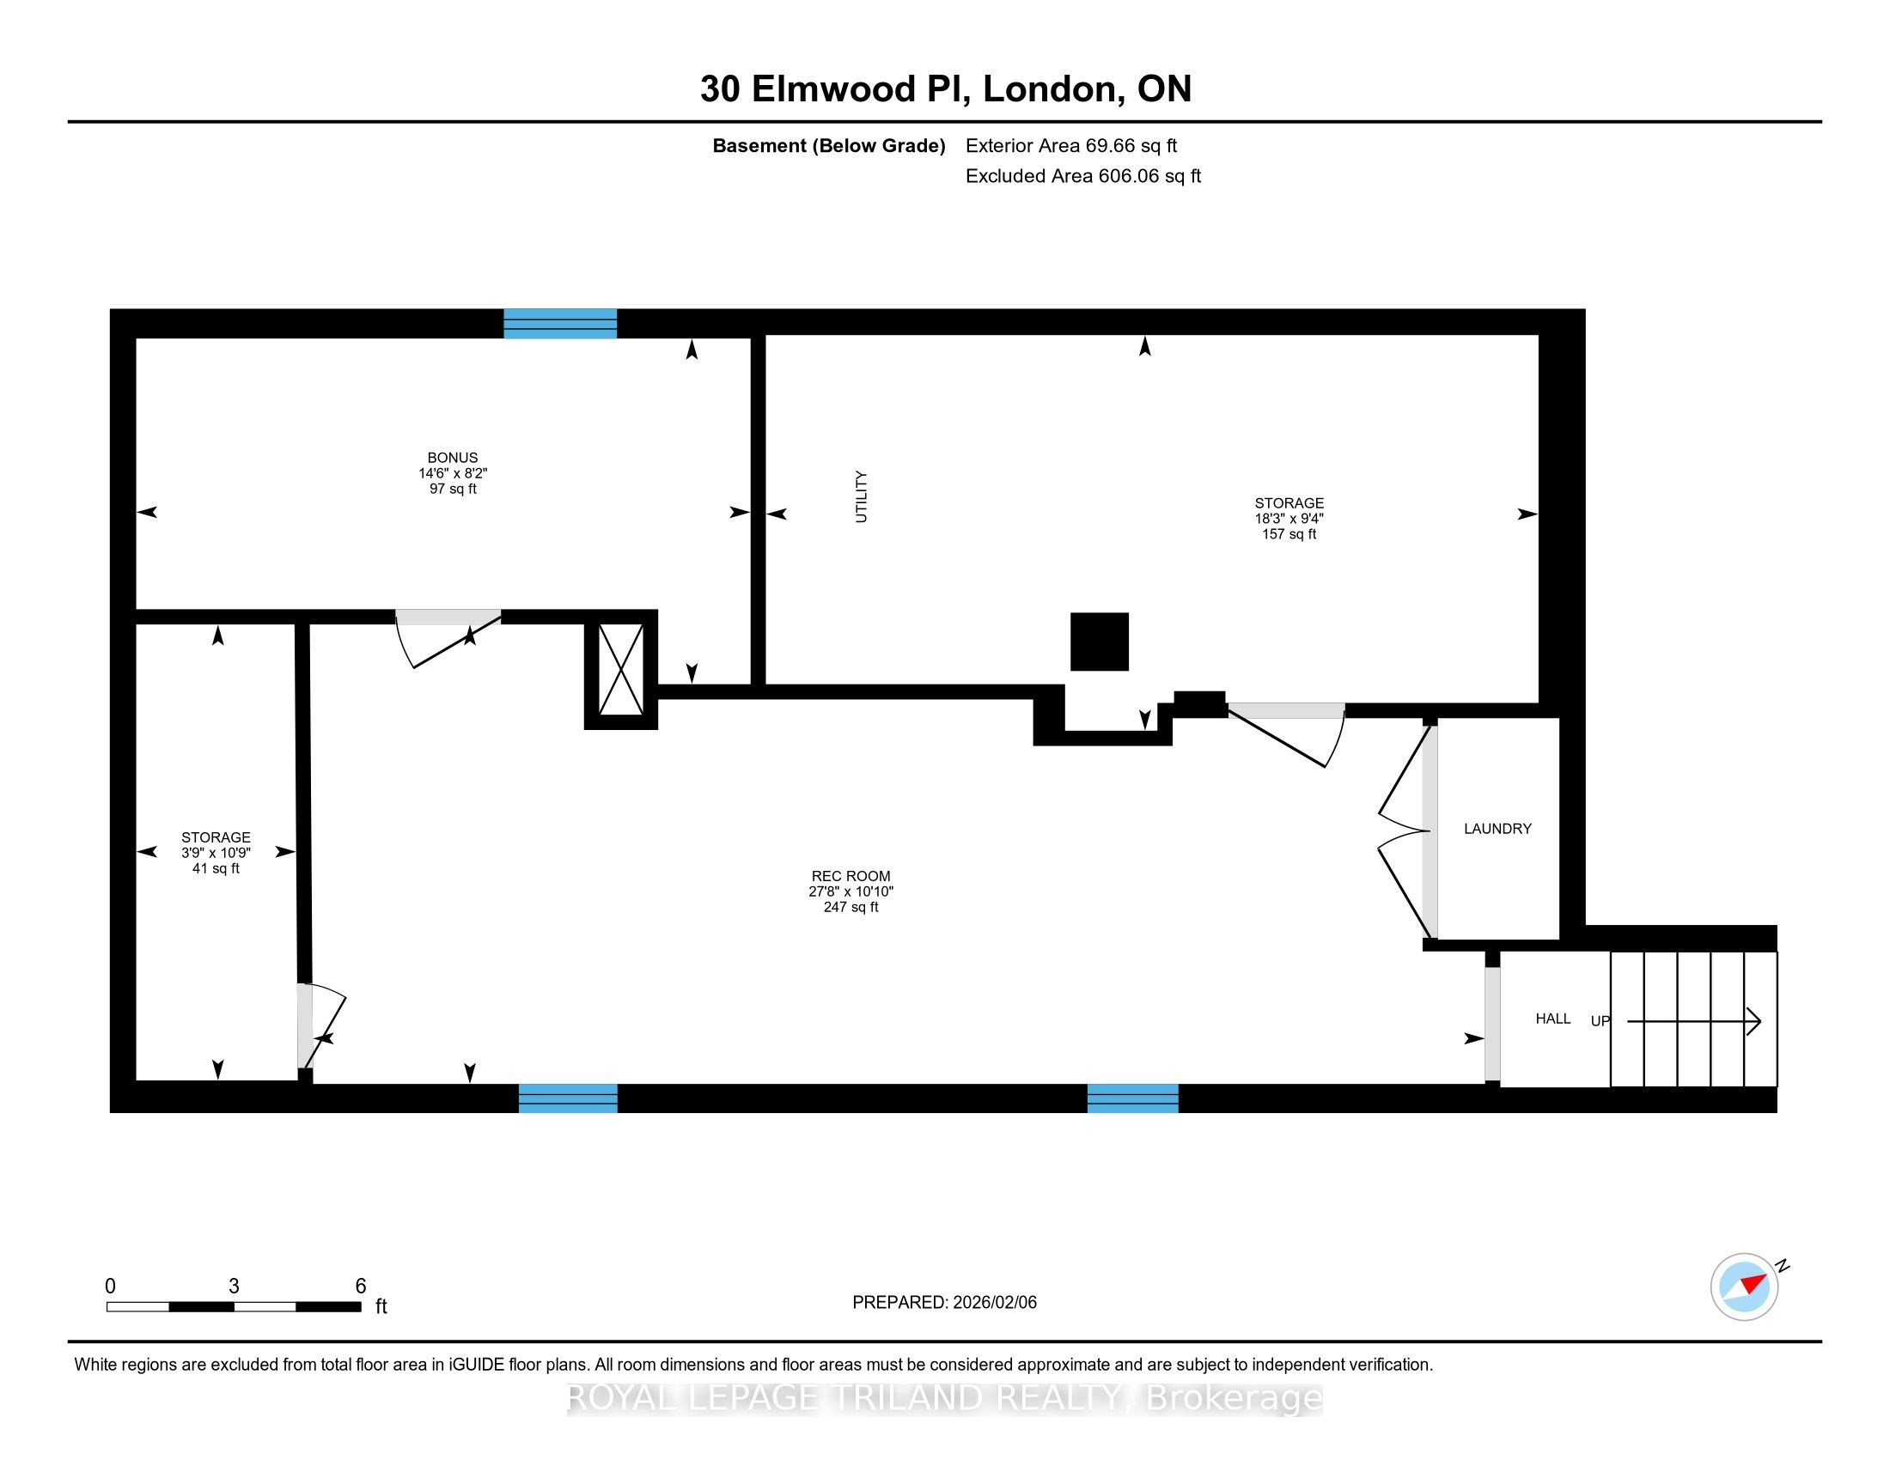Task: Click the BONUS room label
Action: tap(452, 458)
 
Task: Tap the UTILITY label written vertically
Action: tap(861, 496)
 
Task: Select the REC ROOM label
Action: tap(850, 876)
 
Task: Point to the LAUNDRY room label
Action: tap(1497, 829)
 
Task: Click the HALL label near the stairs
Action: tap(1552, 1019)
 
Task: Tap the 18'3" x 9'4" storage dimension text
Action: tap(1289, 519)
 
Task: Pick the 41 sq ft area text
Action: tap(216, 868)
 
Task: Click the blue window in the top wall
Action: tap(560, 324)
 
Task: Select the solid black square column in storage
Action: tap(1099, 642)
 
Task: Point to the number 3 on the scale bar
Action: tap(234, 1287)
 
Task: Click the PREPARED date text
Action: tap(944, 1303)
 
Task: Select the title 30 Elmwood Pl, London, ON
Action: tap(946, 89)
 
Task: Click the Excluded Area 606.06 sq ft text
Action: tap(1082, 176)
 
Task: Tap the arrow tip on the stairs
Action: tap(1760, 1021)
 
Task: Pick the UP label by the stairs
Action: tap(1600, 1021)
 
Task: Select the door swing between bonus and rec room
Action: tap(448, 639)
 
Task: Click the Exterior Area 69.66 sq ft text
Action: tap(1071, 146)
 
